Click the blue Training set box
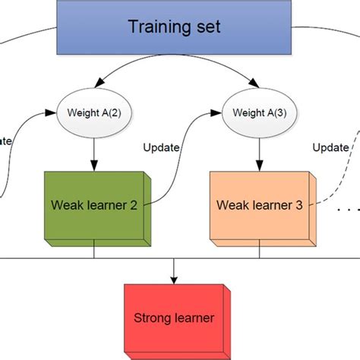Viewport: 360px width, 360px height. pyautogui.click(x=174, y=28)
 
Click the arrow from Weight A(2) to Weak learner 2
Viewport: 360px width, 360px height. pyautogui.click(x=94, y=152)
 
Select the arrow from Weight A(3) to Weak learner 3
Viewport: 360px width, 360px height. pyautogui.click(x=260, y=152)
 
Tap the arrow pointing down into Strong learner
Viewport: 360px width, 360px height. pyautogui.click(x=175, y=270)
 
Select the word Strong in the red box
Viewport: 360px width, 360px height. pyautogui.click(x=153, y=317)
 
